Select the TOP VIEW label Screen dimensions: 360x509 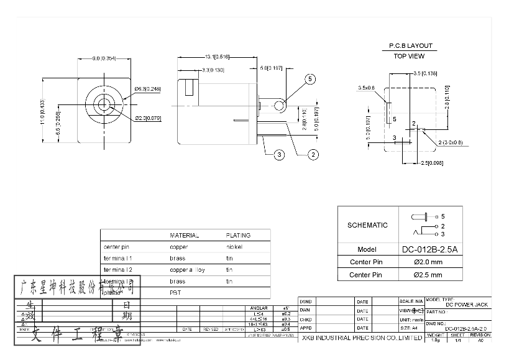410,56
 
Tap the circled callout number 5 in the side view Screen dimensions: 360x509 311,79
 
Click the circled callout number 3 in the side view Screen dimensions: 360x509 279,154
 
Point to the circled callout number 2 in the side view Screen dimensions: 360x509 313,154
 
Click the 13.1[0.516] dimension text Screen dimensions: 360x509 217,57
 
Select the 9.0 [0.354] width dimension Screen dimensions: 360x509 105,58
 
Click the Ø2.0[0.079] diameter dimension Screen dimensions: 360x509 147,118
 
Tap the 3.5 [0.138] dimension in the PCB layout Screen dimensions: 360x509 426,74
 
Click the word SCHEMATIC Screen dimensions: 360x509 367,225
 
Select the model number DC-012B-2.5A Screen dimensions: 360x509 429,250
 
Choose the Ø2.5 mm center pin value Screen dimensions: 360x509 428,275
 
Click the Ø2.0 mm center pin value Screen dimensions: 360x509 428,262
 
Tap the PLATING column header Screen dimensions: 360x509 238,236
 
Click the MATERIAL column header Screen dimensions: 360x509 185,236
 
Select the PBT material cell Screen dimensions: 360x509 175,292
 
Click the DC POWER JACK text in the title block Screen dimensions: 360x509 467,304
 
